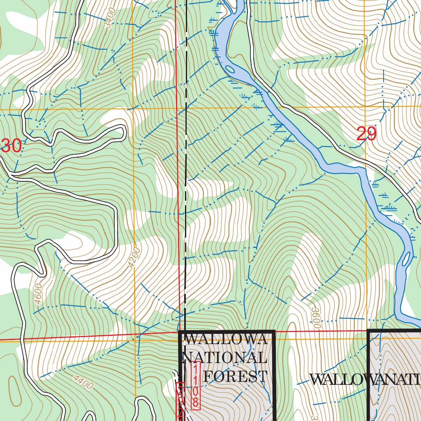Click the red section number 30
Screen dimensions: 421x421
point(11,146)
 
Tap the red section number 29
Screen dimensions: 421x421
point(366,134)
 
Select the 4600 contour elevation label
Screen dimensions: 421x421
point(38,294)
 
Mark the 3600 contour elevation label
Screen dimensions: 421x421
point(316,317)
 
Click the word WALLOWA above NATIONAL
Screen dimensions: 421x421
point(227,340)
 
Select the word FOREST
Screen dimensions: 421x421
point(235,376)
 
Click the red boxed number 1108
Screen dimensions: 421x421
point(196,386)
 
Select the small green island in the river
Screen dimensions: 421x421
point(231,69)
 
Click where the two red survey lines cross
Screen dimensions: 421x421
point(180,332)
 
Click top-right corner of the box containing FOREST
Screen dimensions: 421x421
point(273,331)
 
